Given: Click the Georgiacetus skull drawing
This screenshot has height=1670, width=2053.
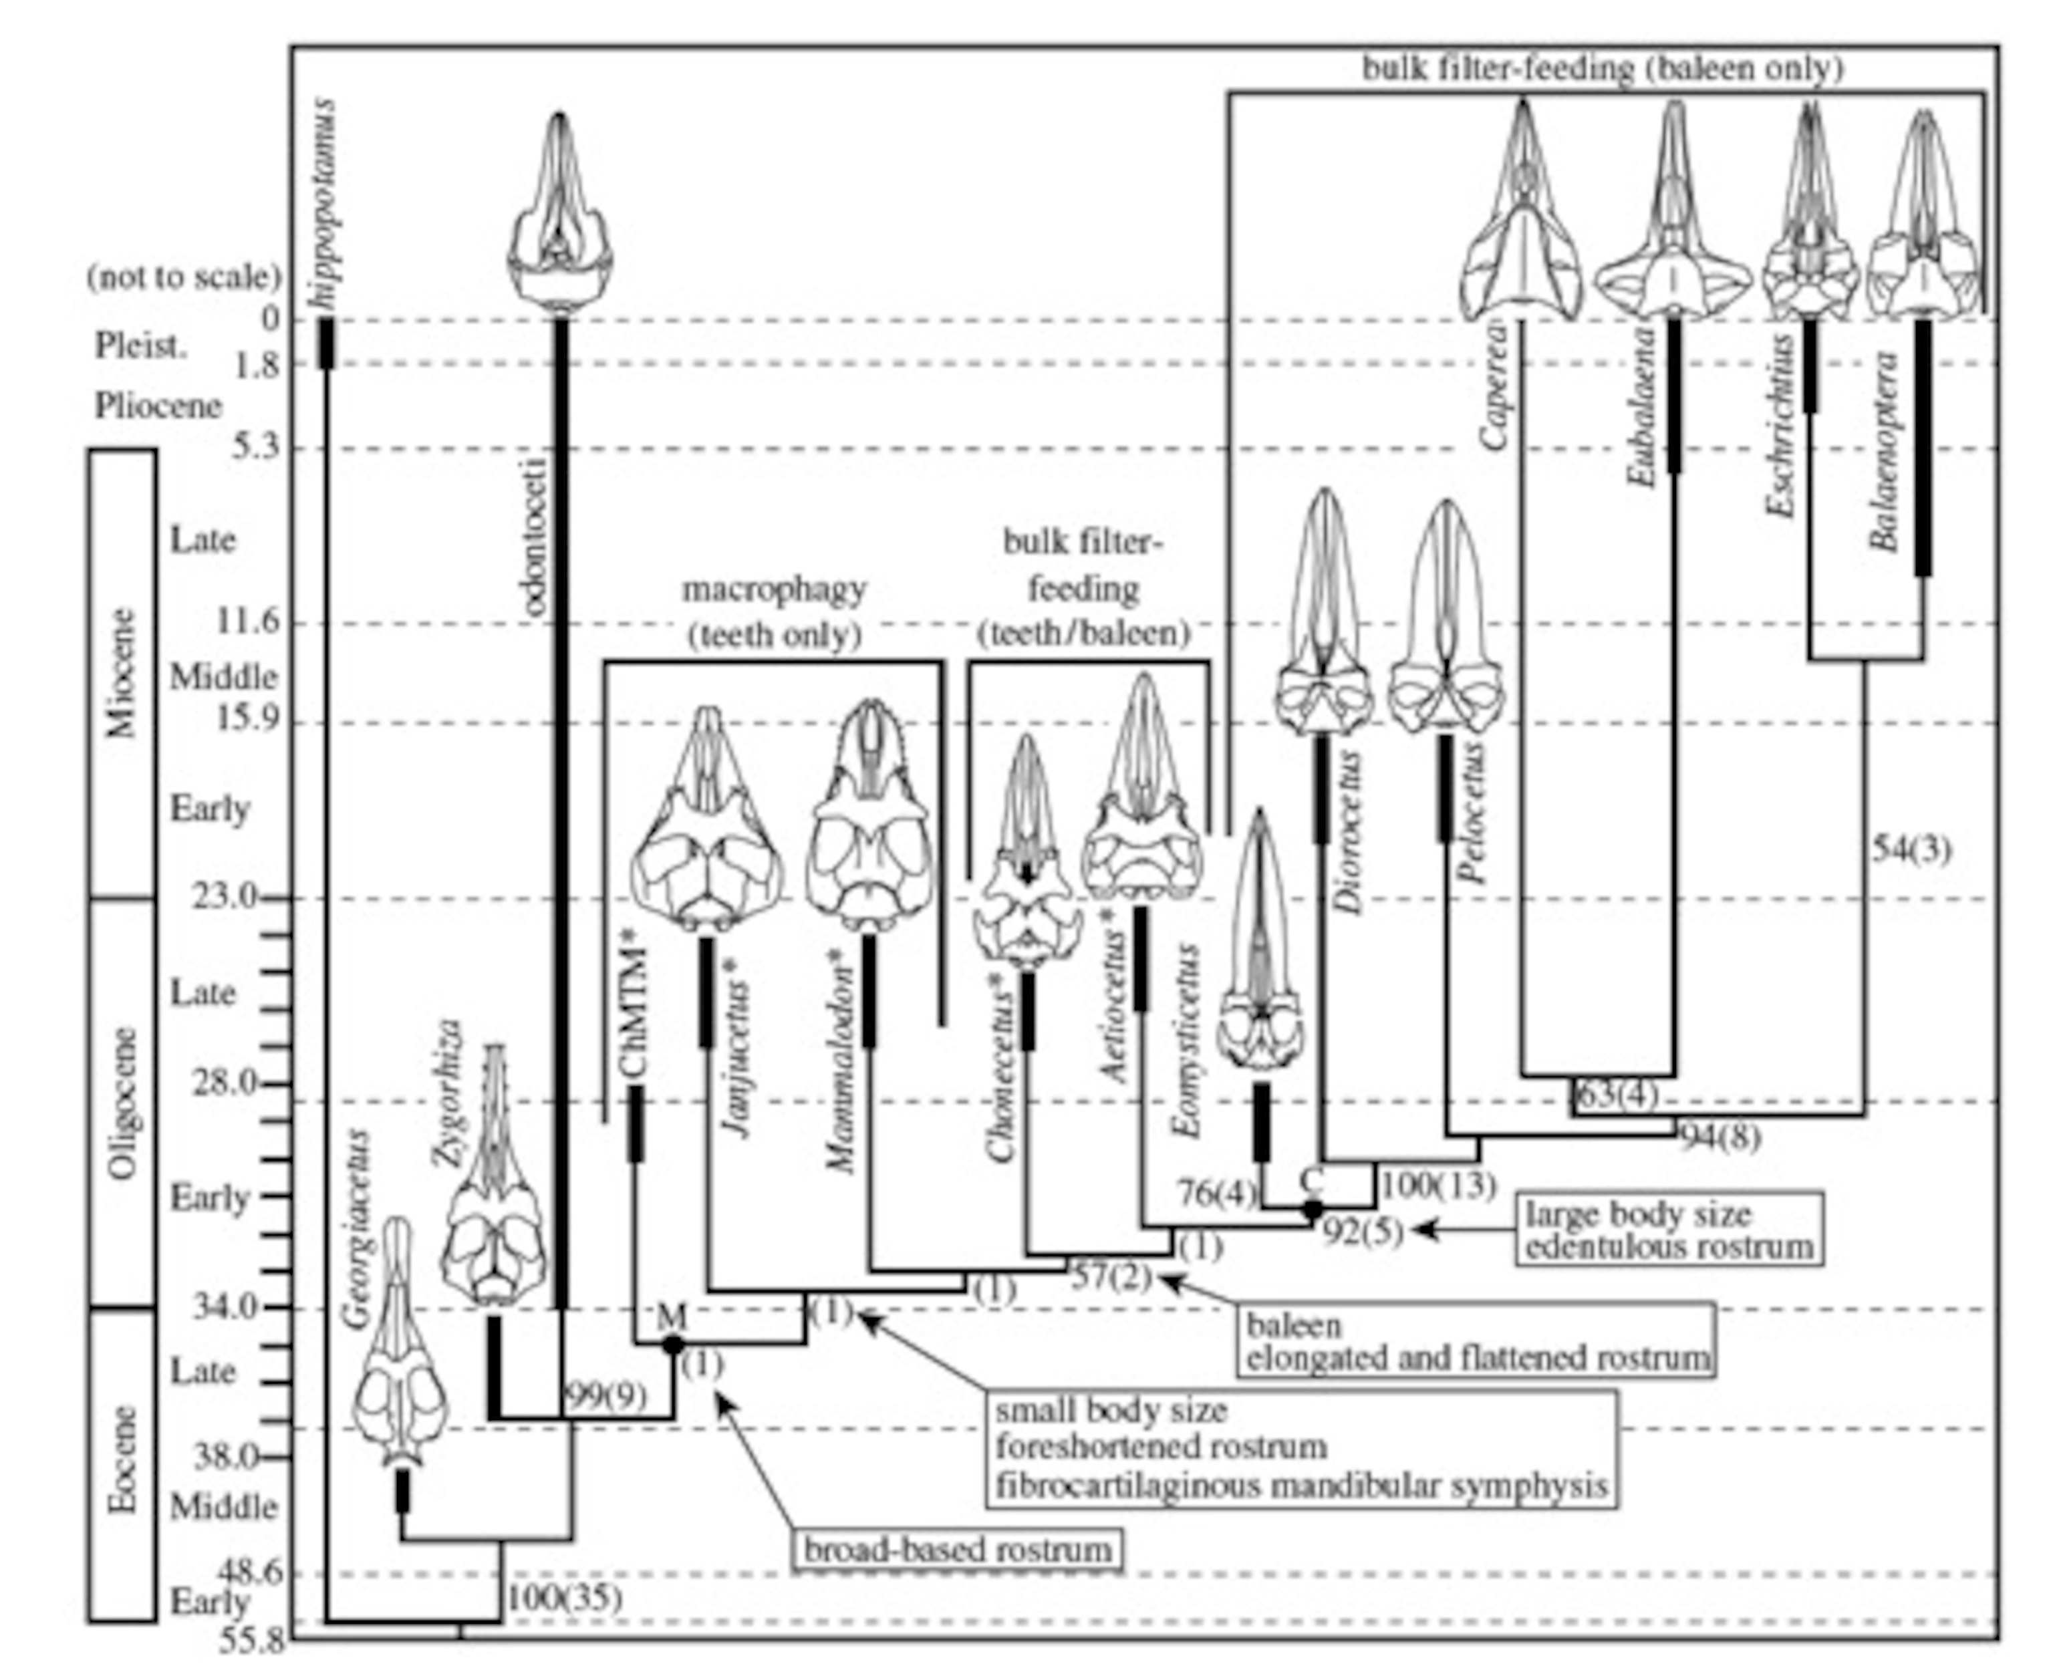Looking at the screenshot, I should (399, 1342).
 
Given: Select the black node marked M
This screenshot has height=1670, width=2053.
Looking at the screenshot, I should (674, 1344).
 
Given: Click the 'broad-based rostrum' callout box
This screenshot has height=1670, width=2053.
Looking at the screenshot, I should (957, 1550).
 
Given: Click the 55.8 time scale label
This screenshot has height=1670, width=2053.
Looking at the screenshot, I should (252, 1640).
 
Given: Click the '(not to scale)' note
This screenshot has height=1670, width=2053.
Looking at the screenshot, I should (184, 277).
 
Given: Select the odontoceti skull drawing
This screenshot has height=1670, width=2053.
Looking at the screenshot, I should (560, 212).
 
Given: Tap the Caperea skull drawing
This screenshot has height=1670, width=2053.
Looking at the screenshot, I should (1521, 217).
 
